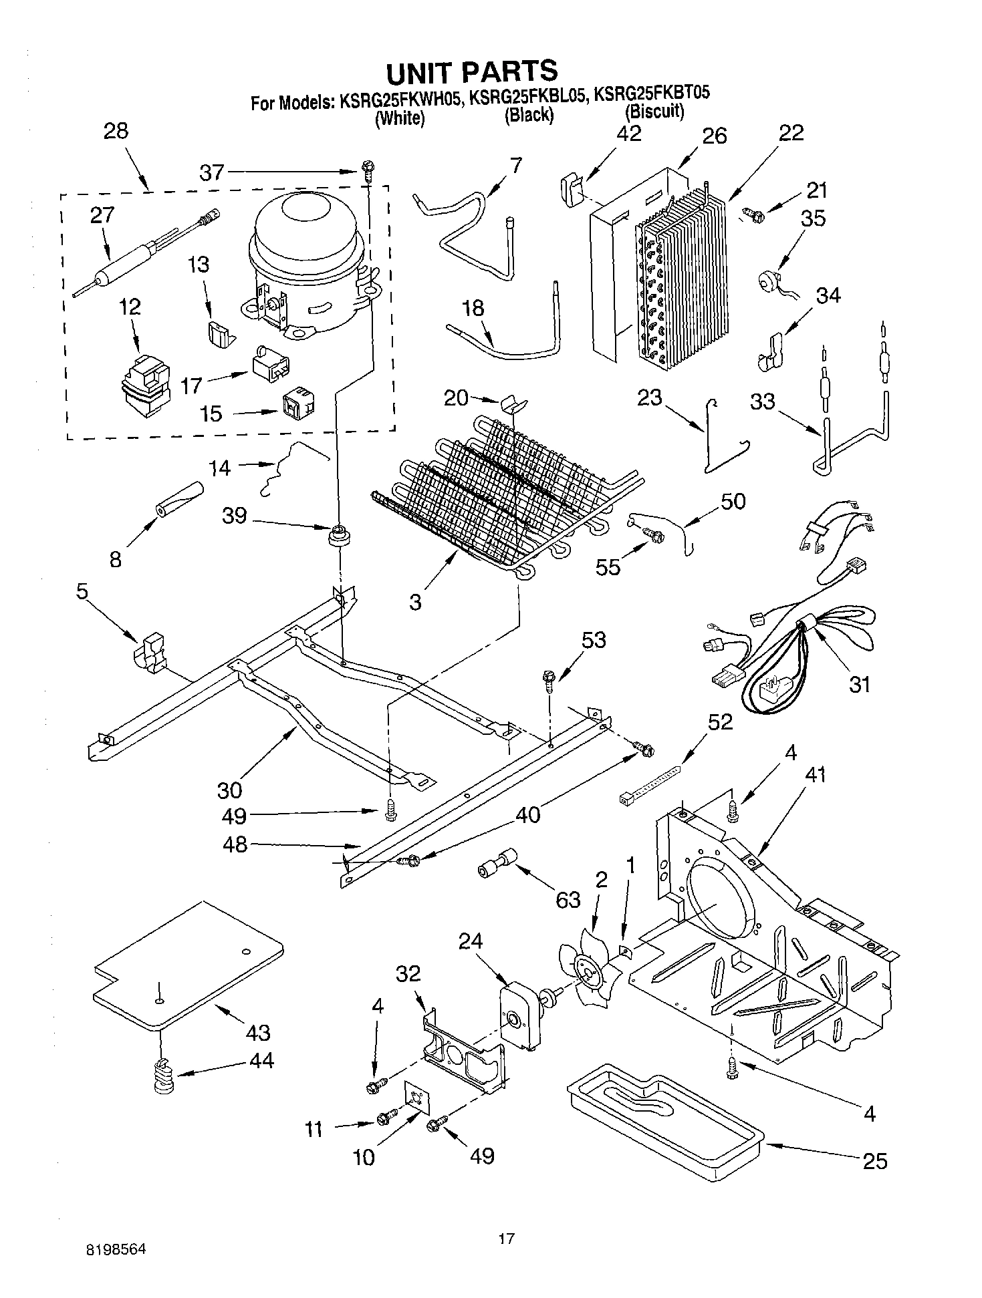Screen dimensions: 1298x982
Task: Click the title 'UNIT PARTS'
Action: pos(471,71)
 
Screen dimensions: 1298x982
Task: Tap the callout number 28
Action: pos(116,130)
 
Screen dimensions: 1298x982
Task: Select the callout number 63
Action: pos(568,900)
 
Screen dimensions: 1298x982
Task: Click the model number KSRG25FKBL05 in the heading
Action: pos(529,101)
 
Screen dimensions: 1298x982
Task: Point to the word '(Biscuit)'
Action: pos(654,112)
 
